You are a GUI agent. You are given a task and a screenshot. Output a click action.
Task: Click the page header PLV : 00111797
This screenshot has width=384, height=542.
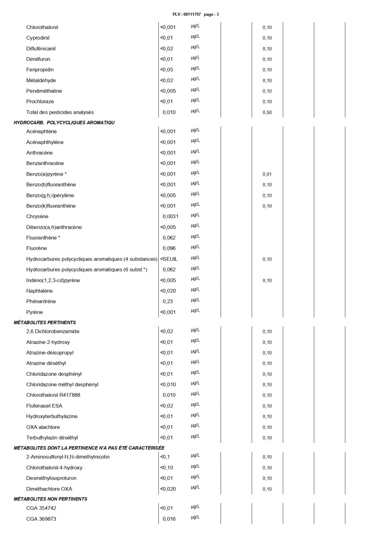point(187,14)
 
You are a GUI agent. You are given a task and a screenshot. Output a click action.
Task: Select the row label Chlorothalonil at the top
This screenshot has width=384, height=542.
point(42,27)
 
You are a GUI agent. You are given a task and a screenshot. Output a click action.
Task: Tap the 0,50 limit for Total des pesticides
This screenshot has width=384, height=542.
point(267,112)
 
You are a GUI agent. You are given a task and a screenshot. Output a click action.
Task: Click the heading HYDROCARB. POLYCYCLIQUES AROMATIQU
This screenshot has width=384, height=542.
point(64,123)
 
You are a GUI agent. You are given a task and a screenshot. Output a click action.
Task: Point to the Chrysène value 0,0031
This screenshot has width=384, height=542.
point(170,216)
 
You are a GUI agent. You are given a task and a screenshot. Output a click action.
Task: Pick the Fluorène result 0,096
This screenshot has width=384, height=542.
point(169,248)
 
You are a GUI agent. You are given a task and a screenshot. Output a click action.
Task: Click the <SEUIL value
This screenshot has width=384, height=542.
point(169,259)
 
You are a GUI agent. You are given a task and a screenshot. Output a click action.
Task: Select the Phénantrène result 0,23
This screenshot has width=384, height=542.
point(167,302)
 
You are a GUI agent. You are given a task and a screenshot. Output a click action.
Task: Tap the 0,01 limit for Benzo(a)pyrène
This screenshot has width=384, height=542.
point(267,174)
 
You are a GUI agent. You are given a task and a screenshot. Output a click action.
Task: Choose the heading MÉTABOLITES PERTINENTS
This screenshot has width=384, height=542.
point(45,323)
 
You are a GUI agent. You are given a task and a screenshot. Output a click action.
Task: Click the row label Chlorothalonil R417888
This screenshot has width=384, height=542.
point(53,395)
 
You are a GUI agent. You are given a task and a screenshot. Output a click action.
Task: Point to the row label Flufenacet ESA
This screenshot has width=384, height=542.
point(44,406)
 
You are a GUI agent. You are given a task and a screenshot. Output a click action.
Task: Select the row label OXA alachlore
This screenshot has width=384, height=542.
point(43,427)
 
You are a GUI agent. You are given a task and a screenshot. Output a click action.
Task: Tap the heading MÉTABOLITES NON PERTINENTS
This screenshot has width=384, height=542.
point(50,499)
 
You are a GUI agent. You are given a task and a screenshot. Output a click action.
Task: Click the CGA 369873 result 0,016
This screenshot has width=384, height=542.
point(169,519)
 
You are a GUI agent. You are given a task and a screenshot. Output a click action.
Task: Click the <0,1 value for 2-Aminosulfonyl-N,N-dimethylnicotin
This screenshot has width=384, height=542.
point(165,457)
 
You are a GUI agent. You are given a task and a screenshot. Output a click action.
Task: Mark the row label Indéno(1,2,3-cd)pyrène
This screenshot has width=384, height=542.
point(53,280)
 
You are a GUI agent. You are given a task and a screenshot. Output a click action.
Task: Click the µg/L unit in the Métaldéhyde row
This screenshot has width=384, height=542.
point(195,79)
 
